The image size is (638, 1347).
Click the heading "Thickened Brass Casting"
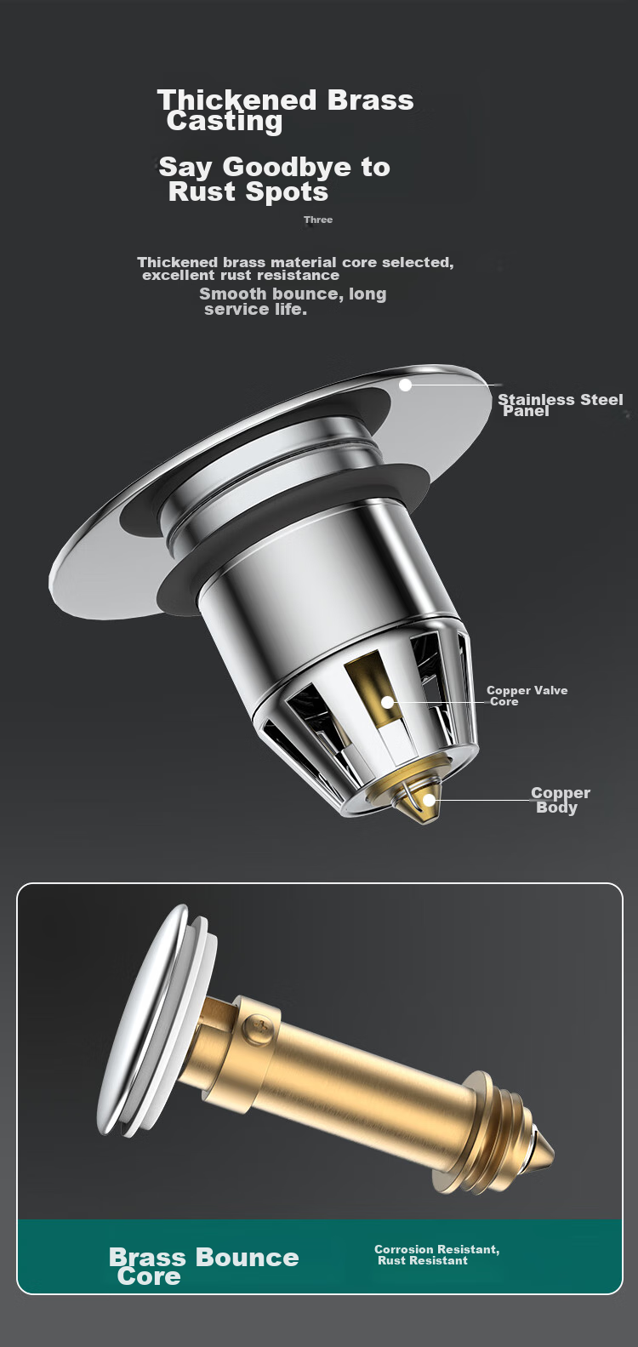286,111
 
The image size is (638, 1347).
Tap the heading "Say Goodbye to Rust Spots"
274,180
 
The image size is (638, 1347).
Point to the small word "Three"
318,220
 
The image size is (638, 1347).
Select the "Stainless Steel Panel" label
561,405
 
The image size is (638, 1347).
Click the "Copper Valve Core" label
527,696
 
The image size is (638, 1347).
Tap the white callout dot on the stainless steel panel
406,385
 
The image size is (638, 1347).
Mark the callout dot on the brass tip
429,801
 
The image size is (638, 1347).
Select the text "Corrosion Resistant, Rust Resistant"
437,1255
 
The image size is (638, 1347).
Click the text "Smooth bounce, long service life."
293,301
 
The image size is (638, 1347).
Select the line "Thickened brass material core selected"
295,262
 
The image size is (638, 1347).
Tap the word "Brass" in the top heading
370,100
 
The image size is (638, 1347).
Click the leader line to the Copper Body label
482,801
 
